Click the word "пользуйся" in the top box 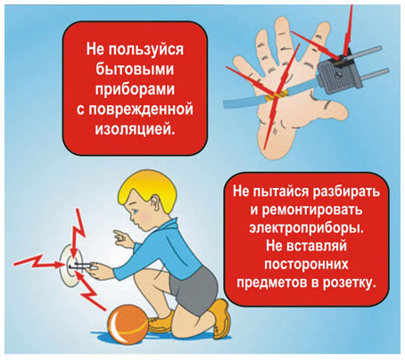coord(145,50)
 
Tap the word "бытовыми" coord(135,70)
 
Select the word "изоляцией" coord(135,129)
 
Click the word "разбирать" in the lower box coord(346,192)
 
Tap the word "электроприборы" coord(306,228)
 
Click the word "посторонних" coord(306,264)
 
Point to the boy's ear coord(156,203)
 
